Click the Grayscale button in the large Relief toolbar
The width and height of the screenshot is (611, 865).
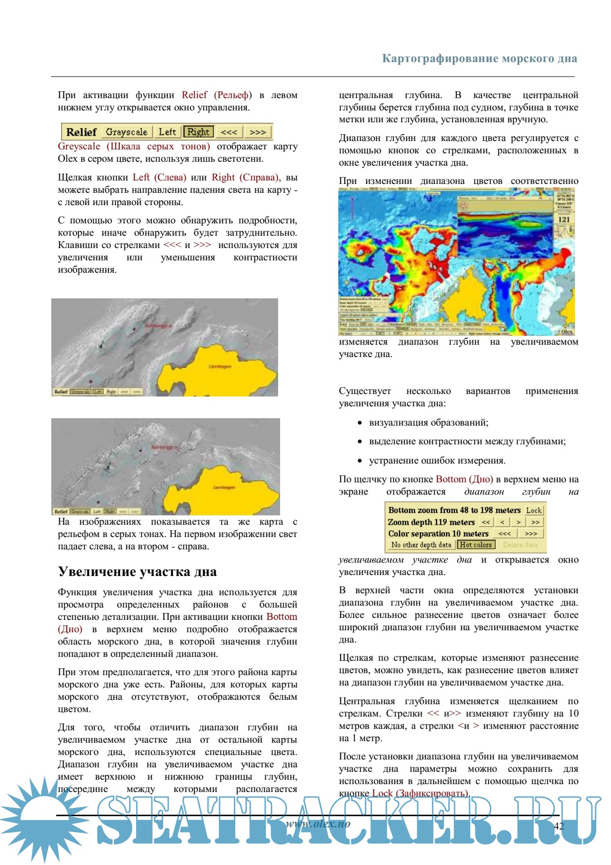point(126,132)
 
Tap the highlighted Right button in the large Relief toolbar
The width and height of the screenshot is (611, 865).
point(198,132)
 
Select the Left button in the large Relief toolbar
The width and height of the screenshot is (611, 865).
point(167,132)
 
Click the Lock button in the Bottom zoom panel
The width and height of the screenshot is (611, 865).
point(534,510)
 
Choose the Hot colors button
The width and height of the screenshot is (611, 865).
point(475,545)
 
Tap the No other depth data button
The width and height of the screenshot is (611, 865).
point(421,545)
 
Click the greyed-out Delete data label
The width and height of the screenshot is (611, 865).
point(520,545)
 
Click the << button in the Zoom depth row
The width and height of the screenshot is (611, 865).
point(486,522)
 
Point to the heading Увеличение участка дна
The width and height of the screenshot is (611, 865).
point(137,572)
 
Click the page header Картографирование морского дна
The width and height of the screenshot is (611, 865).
point(479,59)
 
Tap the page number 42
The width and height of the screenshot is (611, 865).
point(559,826)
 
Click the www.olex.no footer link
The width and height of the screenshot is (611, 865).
point(318,824)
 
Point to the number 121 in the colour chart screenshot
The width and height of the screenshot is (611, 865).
point(564,219)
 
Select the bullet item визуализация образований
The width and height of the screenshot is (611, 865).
point(429,423)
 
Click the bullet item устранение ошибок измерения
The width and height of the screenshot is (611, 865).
point(437,461)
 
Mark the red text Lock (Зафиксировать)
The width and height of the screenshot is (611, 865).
point(420,793)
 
